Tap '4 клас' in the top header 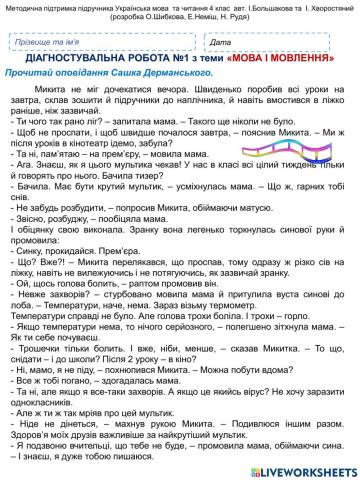198,6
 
